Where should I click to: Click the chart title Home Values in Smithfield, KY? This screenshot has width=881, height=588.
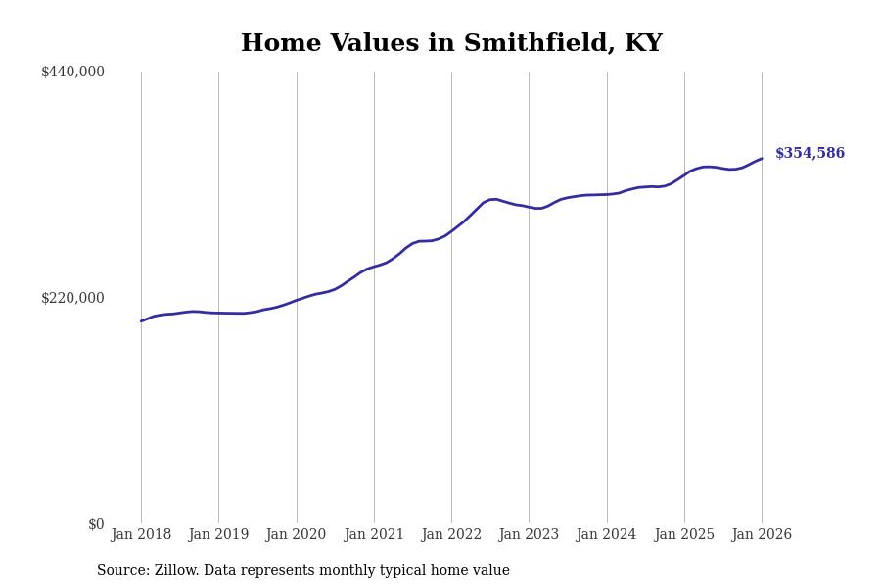click(x=451, y=44)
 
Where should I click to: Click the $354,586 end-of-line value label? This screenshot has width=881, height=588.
click(x=810, y=154)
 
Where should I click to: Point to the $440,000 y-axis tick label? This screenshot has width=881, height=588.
click(x=72, y=72)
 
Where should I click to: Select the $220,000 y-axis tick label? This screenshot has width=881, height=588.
click(x=72, y=298)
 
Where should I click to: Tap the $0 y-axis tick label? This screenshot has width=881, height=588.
click(x=96, y=524)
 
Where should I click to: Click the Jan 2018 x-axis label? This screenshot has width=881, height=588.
click(x=141, y=535)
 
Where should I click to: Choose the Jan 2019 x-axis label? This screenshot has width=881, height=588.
click(x=218, y=535)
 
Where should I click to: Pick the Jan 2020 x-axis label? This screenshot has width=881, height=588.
click(x=296, y=535)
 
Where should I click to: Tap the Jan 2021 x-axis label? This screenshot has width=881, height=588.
click(x=374, y=535)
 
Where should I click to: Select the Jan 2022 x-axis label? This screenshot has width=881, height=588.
click(x=451, y=535)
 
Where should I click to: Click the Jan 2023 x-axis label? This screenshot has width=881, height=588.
click(x=529, y=535)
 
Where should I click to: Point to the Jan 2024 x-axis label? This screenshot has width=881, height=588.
click(x=607, y=535)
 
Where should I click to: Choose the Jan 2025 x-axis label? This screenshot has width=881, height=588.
click(x=684, y=535)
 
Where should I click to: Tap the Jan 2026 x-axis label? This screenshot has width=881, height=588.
click(x=762, y=535)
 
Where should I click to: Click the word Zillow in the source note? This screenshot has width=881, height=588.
click(x=175, y=571)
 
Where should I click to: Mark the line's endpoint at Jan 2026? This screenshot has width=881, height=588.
click(x=762, y=159)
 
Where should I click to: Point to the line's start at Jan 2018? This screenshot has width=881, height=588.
click(x=141, y=321)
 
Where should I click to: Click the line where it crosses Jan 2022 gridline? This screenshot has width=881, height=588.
click(x=451, y=232)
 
